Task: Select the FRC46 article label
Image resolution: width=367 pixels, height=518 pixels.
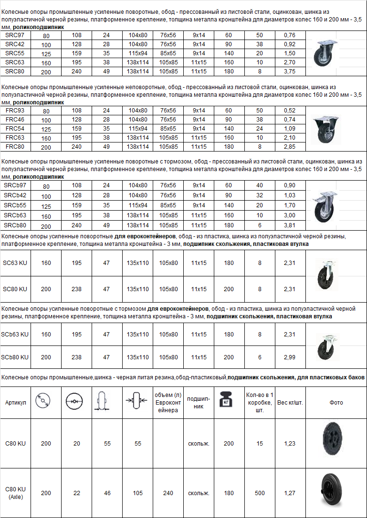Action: click(x=15, y=120)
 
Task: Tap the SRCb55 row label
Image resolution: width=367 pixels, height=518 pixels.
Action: click(x=15, y=205)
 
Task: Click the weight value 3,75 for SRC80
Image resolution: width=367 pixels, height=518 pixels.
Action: click(x=289, y=72)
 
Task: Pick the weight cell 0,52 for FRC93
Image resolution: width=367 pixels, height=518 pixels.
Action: click(x=289, y=111)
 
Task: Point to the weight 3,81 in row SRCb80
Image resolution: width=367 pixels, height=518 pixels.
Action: click(x=289, y=225)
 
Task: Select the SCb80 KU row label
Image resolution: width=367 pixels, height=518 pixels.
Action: click(x=15, y=357)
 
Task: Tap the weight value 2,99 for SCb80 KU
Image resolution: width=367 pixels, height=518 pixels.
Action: click(x=289, y=357)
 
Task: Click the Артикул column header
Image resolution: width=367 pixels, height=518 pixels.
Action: click(x=15, y=403)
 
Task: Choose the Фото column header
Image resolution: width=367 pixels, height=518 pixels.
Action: click(x=336, y=403)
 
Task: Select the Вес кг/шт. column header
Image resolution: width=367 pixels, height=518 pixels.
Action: click(x=290, y=403)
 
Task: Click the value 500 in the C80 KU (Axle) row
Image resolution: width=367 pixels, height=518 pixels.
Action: click(x=260, y=493)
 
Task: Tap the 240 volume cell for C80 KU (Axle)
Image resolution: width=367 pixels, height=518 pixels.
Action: click(x=168, y=493)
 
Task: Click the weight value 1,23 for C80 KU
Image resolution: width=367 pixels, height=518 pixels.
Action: click(x=290, y=444)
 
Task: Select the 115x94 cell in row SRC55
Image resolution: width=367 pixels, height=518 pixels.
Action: click(x=137, y=54)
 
